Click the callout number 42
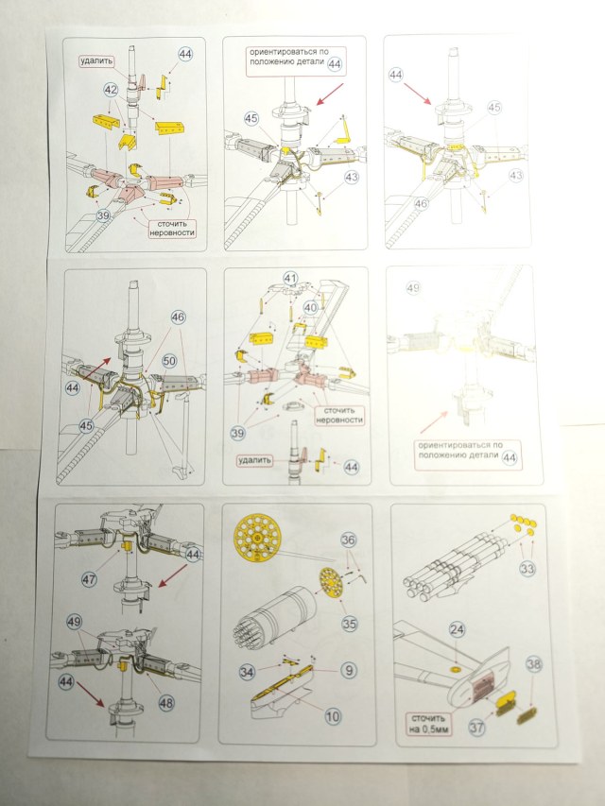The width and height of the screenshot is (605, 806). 111,89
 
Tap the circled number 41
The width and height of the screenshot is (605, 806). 291,279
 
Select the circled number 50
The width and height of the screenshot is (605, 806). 170,360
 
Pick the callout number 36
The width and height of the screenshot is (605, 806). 349,540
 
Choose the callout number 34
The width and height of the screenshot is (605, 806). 247,672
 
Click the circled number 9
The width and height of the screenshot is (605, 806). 349,671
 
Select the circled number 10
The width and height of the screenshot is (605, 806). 333,717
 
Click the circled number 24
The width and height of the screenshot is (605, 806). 457,628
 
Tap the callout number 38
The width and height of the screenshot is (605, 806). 534,665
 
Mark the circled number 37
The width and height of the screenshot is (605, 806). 477,729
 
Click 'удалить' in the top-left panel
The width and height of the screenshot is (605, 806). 97,60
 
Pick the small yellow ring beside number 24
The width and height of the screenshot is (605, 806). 456,666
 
